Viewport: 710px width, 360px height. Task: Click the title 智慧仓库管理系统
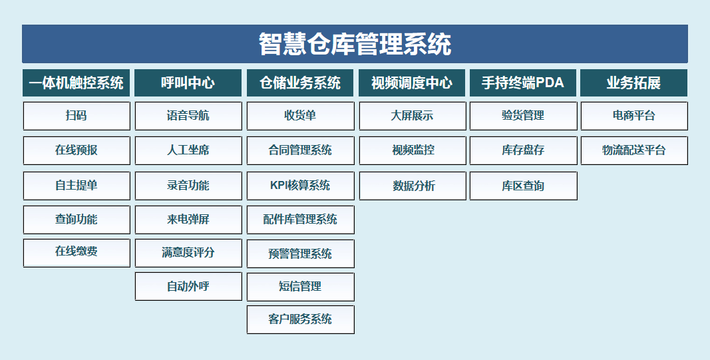355,44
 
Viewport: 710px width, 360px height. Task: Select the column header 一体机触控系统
76,83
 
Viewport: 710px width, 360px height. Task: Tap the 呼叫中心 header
188,83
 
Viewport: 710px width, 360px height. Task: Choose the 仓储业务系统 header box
300,83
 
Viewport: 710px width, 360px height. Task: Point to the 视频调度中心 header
412,83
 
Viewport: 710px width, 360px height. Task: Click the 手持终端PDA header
523,83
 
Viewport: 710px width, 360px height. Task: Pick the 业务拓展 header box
634,83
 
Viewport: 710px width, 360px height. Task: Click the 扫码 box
77,116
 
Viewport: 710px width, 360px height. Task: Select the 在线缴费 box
77,253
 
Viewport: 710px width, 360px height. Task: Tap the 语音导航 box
188,116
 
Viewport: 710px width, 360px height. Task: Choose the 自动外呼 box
188,286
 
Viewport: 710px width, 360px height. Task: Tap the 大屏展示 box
413,116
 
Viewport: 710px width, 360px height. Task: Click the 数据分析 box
413,186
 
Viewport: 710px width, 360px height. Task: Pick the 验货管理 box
524,116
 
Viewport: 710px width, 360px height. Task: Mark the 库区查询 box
524,186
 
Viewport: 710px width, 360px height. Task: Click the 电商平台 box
634,116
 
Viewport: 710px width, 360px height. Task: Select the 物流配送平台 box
634,150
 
